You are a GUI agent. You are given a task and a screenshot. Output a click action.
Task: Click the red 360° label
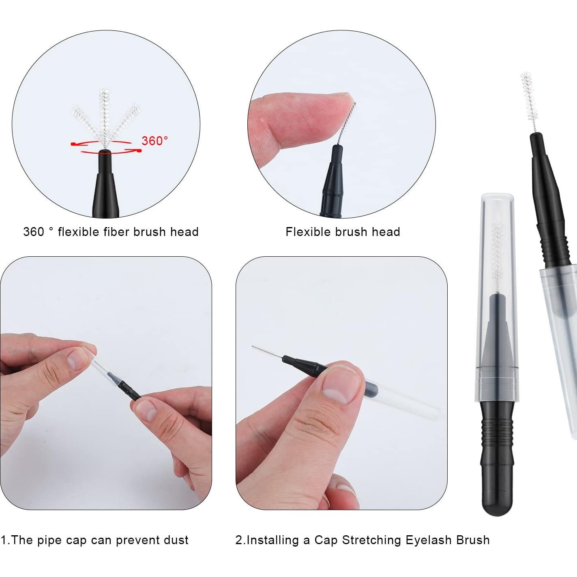[154, 141]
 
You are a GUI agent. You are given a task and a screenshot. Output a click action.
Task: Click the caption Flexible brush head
[343, 232]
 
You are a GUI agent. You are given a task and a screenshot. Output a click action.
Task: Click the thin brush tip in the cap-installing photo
[266, 352]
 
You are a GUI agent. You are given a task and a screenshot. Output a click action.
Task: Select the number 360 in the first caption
[34, 232]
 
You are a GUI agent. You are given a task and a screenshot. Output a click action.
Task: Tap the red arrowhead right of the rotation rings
[139, 151]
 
